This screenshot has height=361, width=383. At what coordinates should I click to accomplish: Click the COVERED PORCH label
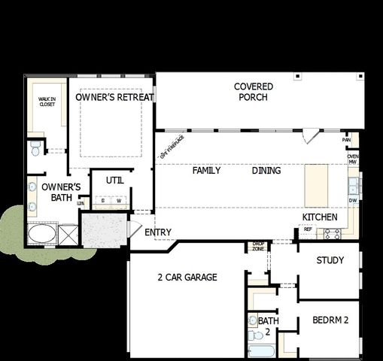point(253,92)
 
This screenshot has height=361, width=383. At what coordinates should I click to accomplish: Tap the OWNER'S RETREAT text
point(115,97)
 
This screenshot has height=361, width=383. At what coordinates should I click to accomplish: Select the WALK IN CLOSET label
point(47,102)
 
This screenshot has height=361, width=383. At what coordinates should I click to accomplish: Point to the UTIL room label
point(114,180)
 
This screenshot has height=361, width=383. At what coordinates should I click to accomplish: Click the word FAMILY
point(206,171)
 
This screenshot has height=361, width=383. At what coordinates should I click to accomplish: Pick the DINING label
point(266,171)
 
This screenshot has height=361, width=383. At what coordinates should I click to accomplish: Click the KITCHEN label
point(319,217)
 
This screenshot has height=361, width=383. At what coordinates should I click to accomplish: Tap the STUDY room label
point(330,261)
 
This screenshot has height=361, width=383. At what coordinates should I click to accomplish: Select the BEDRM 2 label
point(330,320)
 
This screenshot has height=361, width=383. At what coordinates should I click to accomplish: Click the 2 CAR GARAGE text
point(187,278)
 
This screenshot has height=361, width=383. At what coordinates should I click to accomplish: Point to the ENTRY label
point(158,232)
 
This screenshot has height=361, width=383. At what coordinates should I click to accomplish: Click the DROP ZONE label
point(257,246)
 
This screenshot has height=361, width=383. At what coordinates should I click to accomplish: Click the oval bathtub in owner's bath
point(41,235)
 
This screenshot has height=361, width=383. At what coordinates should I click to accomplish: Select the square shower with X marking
point(68,235)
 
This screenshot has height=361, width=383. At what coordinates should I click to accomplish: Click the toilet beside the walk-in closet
point(35,149)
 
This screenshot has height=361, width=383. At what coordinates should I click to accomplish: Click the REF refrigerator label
point(308,229)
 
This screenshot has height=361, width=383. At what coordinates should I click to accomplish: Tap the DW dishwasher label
point(352,201)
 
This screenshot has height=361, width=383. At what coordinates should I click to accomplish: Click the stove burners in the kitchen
point(332,233)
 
